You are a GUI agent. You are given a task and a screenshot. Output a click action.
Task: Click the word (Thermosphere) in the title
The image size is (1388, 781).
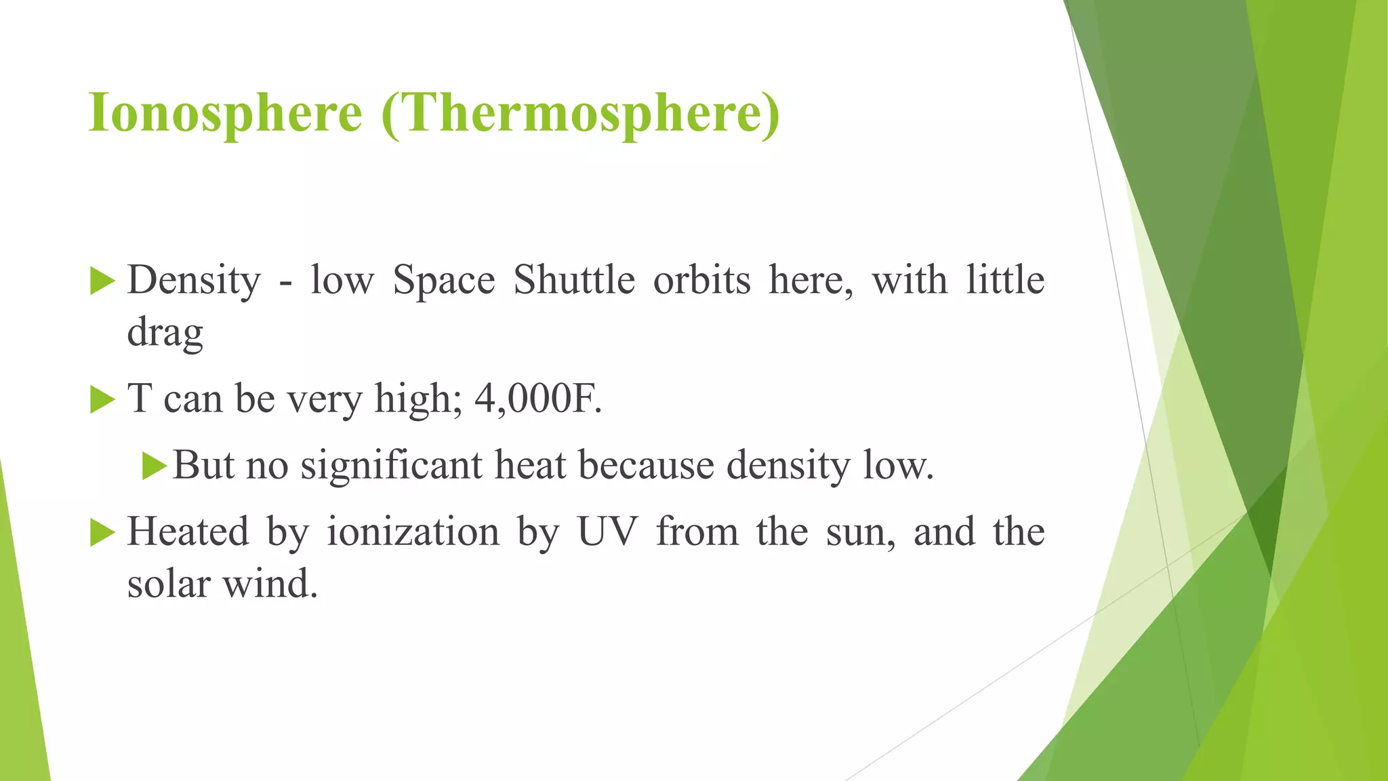point(581,113)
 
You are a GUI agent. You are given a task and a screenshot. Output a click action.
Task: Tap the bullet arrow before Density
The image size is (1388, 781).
point(102,281)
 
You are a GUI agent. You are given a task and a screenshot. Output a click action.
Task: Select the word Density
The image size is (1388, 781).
point(194,281)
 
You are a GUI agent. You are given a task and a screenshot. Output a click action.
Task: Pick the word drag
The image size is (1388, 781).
point(165,333)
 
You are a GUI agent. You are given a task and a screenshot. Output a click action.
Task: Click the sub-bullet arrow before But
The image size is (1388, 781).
point(155,466)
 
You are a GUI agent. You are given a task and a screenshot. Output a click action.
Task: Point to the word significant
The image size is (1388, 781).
point(392,466)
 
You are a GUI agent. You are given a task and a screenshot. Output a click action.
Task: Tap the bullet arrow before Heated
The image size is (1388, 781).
point(102,533)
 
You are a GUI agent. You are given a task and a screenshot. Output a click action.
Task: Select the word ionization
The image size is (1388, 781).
point(413,532)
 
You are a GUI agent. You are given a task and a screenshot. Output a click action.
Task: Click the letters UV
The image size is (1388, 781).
point(607,532)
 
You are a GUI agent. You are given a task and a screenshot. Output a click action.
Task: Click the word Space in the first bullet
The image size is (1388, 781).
point(444,281)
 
